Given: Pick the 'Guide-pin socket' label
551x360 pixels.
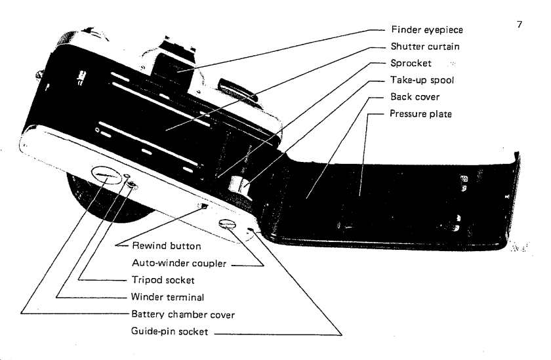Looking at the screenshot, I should point(169,334).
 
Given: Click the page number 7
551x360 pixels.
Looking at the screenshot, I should point(520,24).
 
